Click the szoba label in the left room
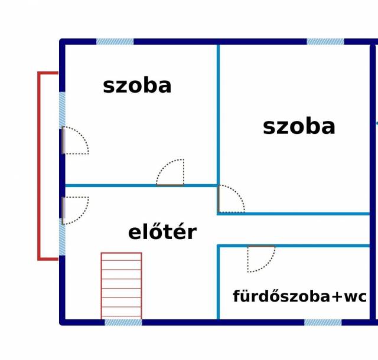[x=137, y=86]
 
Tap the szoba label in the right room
[x=299, y=127]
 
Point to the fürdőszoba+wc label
[x=299, y=296]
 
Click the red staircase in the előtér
[x=121, y=286]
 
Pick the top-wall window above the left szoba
[x=115, y=41]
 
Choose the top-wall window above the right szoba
[x=325, y=41]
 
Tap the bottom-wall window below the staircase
[x=123, y=322]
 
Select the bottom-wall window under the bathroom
[x=323, y=322]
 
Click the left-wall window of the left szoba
[x=62, y=110]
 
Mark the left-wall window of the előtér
[x=62, y=237]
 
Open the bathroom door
[x=261, y=259]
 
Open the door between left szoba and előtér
[x=170, y=172]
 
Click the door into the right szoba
[x=231, y=199]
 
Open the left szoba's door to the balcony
[x=75, y=140]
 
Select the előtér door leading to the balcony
[x=75, y=211]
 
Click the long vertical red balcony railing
[x=39, y=166]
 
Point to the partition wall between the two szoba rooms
[x=218, y=115]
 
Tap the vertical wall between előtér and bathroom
[x=218, y=283]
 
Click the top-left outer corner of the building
[x=60, y=39]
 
